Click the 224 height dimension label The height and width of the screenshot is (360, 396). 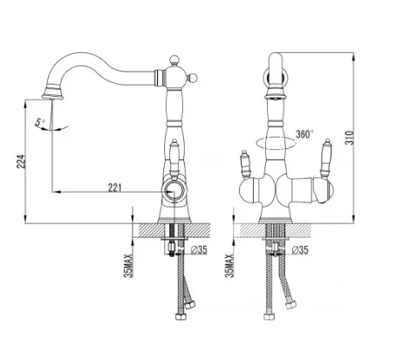(x=21, y=160)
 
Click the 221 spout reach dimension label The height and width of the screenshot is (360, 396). (x=114, y=187)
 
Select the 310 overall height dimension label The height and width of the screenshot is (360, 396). (x=350, y=138)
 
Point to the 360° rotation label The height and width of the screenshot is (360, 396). (x=304, y=134)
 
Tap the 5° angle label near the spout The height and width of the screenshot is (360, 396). (x=40, y=122)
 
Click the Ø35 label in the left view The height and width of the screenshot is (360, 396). (x=200, y=249)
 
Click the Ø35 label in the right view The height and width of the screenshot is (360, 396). (x=300, y=249)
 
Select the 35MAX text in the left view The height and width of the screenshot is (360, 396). (x=129, y=265)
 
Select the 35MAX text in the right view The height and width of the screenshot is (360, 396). (x=229, y=265)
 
